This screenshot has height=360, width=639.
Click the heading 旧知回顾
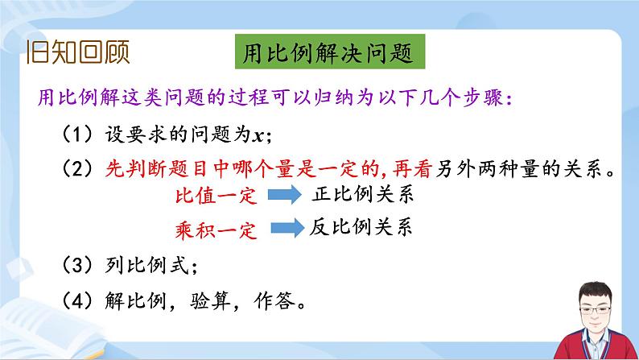[x=77, y=53]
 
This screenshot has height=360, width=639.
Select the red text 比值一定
[x=211, y=197]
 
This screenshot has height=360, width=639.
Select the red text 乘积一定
[x=211, y=231]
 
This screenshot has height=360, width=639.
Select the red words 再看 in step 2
[x=411, y=169]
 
